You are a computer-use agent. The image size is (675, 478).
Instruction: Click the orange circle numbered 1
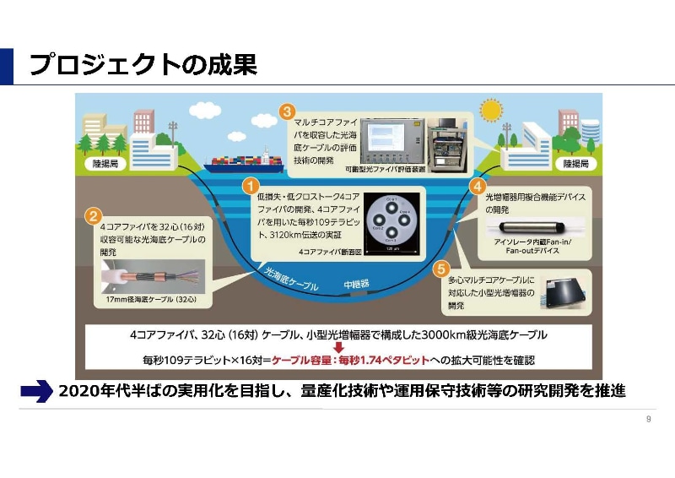(250, 183)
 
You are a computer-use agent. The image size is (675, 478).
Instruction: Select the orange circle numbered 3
(287, 111)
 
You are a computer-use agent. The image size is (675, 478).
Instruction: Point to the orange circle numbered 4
(478, 185)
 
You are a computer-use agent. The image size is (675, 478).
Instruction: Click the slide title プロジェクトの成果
(143, 65)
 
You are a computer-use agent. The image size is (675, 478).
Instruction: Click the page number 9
(647, 420)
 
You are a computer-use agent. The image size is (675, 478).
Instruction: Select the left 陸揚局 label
(111, 162)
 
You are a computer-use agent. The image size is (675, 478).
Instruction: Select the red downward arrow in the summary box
(338, 346)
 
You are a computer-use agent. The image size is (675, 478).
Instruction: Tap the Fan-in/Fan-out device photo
(527, 227)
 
